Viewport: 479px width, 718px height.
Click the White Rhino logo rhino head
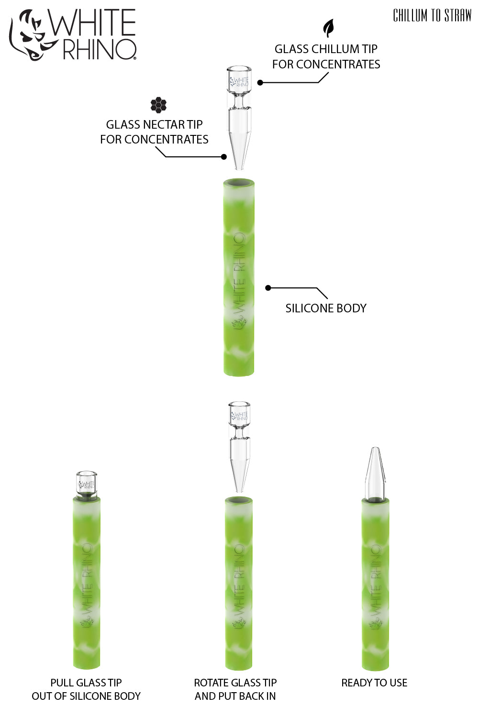click(x=29, y=34)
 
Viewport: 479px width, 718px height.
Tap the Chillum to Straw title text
click(x=432, y=16)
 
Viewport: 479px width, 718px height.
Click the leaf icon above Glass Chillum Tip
click(x=328, y=28)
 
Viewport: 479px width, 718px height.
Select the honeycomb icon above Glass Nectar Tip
click(x=158, y=105)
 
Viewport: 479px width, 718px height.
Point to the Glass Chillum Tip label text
click(x=326, y=56)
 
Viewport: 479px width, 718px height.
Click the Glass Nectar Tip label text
click(x=154, y=132)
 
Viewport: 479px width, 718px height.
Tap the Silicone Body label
click(x=326, y=308)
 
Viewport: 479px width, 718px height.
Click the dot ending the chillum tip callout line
click(x=260, y=82)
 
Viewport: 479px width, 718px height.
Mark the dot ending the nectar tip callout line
click(x=223, y=156)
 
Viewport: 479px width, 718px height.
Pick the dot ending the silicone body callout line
click(x=268, y=287)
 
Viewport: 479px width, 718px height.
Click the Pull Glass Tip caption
click(x=86, y=689)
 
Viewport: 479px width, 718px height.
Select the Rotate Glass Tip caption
click(x=235, y=689)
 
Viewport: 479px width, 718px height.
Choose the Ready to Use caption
click(x=374, y=683)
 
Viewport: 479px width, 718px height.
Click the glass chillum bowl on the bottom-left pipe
click(x=87, y=484)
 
